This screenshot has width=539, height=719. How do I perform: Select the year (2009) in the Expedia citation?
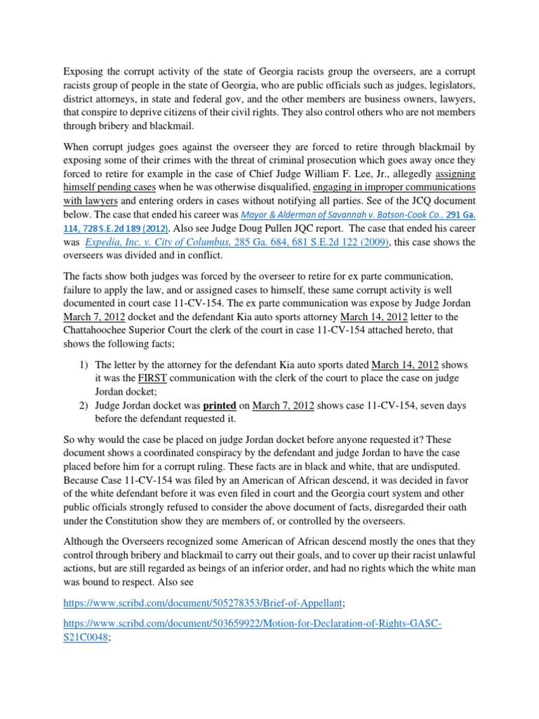368,242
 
